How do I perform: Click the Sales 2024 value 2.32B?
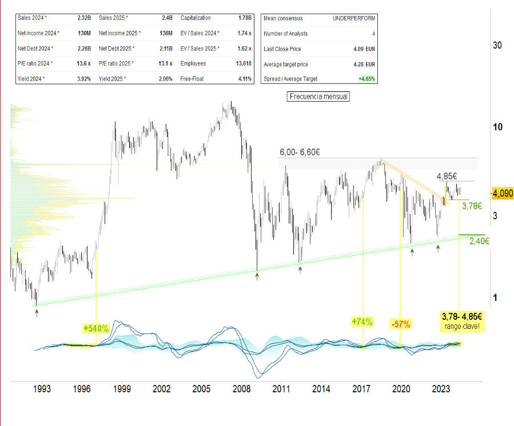click(x=84, y=18)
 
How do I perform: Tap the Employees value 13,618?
click(x=244, y=63)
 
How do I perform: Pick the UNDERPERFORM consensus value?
click(x=354, y=18)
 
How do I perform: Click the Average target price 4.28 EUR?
click(x=364, y=63)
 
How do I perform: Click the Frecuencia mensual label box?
click(x=318, y=97)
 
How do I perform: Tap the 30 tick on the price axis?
click(x=497, y=46)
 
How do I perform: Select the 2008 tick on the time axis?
click(x=241, y=389)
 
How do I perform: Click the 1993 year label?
click(x=42, y=389)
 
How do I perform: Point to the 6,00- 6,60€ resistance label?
click(x=300, y=152)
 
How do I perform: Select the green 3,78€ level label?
click(x=473, y=206)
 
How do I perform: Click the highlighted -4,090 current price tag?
click(x=503, y=194)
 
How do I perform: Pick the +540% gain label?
click(x=95, y=328)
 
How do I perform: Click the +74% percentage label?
click(x=362, y=322)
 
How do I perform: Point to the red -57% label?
click(x=401, y=324)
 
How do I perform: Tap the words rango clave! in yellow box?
click(x=463, y=327)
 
